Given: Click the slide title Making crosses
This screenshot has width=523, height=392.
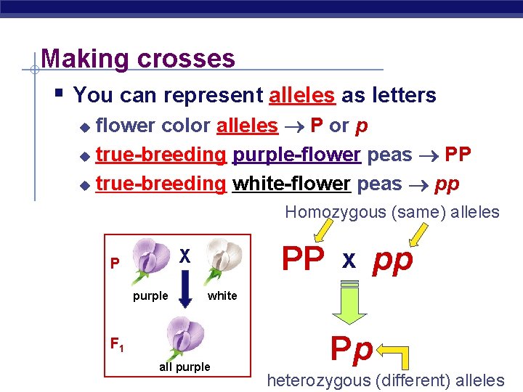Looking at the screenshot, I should (138, 58).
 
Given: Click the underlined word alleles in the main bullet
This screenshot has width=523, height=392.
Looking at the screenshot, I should (301, 95).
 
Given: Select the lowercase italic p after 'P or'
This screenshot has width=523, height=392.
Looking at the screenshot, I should (361, 126).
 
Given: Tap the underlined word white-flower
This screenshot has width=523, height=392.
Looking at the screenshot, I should (291, 184).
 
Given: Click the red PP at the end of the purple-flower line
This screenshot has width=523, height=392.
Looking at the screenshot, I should (458, 155).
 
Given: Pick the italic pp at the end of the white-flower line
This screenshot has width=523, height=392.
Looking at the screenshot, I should (447, 184).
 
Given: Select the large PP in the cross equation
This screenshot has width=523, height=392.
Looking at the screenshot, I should (302, 259).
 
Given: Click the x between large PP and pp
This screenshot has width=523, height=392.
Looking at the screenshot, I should (349, 260).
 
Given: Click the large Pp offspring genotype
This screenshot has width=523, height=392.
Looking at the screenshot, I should (352, 350).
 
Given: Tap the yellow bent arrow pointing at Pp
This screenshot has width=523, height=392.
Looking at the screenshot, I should (396, 354).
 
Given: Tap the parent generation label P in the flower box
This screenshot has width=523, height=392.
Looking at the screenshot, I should (114, 263).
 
